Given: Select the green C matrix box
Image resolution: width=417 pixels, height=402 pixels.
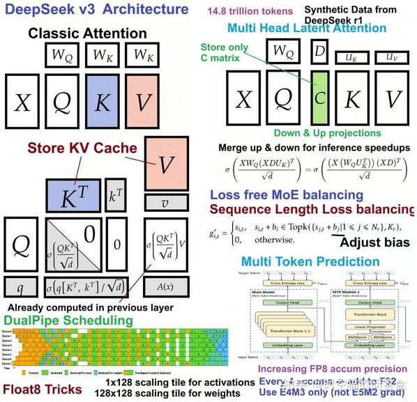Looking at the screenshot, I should click(x=319, y=98).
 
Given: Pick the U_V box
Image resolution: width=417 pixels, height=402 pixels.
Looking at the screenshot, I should click(x=391, y=56).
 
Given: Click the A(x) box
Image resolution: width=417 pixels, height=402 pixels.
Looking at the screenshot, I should click(x=165, y=286).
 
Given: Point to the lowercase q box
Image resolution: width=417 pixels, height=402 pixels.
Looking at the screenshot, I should click(x=22, y=287).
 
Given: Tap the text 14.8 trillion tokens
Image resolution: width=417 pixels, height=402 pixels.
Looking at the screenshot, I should click(x=247, y=10).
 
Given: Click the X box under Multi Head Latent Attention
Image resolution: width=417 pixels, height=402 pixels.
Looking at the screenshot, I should click(x=242, y=98).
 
